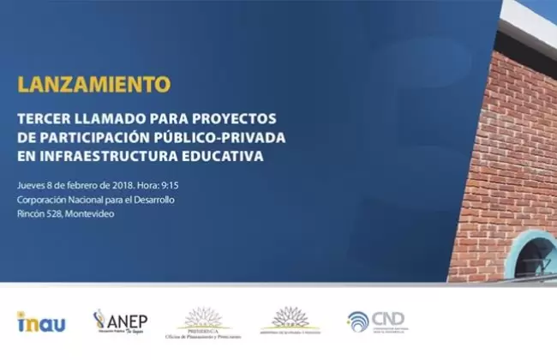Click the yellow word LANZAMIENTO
tap(93, 85)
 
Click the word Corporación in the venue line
tap(44, 199)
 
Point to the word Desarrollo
tap(151, 199)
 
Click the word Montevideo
tap(90, 213)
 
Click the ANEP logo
tap(121, 321)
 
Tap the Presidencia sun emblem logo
tap(204, 319)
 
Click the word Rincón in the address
tap(31, 213)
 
